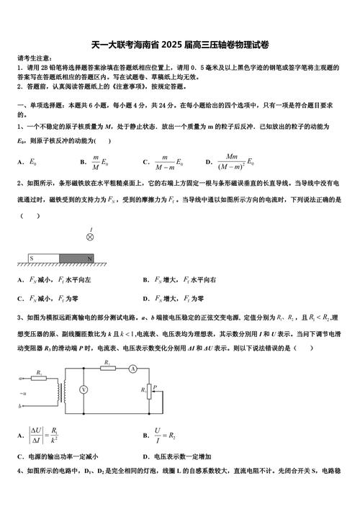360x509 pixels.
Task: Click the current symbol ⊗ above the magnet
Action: pos(90,235)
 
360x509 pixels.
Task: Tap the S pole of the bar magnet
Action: pos(31,257)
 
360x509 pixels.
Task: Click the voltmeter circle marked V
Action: pos(84,389)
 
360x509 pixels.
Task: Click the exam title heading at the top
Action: pos(180,44)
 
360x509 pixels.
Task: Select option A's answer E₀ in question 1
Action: pos(32,163)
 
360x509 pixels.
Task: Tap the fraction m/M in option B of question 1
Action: pos(95,162)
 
